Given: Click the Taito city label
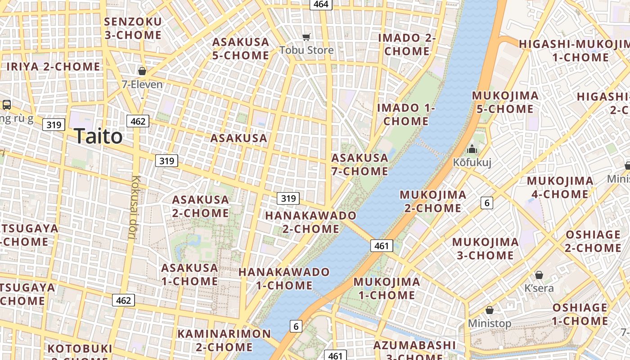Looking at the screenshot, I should tap(98, 136).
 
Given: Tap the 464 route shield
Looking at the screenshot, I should tap(321, 4).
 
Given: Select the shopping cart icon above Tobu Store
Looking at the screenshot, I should tap(306, 37).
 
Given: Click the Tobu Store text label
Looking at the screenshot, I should tap(306, 50).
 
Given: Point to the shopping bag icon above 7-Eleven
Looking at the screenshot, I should tap(142, 71).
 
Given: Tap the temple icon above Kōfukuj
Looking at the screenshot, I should tap(472, 149).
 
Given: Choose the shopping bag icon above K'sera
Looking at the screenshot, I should tap(539, 274).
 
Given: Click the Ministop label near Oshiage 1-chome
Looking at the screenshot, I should tap(490, 323).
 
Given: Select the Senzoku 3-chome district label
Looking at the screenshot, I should tap(133, 28).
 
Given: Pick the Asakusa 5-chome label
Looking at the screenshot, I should tap(241, 49).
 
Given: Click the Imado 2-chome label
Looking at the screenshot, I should tap(407, 44).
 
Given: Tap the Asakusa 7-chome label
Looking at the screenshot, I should tap(360, 164).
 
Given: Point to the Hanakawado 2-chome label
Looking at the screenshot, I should tap(310, 222).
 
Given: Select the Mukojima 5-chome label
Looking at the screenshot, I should tap(505, 102).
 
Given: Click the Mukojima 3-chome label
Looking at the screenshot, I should tap(485, 248).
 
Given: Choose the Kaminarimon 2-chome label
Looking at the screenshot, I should tap(224, 340).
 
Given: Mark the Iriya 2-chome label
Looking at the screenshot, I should tap(53, 67).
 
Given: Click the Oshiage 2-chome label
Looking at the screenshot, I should tap(593, 241).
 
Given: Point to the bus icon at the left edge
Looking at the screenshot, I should tap(6, 105).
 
